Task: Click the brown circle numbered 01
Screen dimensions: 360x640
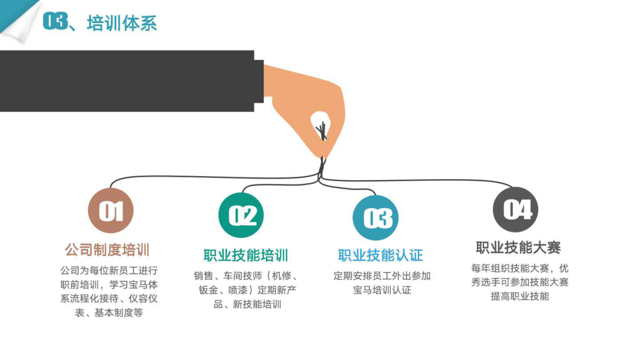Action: [110, 211]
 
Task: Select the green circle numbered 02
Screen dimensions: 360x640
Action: [241, 215]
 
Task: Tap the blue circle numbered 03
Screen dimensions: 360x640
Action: [376, 218]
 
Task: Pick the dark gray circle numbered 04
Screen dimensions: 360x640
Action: [515, 210]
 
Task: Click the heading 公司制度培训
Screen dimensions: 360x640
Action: [107, 250]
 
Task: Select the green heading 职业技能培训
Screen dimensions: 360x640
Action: [246, 255]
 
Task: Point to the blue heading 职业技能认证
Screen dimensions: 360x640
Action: [380, 255]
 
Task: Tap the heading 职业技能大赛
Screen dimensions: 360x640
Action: [518, 247]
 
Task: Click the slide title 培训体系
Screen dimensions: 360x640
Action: [122, 23]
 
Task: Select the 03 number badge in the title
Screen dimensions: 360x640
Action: [55, 21]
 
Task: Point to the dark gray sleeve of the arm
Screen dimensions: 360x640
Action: [127, 81]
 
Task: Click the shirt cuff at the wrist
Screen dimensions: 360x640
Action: [259, 81]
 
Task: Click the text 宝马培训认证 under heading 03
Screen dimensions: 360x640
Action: [382, 290]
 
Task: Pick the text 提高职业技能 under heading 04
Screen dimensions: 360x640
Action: [520, 296]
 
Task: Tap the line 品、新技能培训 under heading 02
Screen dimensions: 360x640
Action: [247, 304]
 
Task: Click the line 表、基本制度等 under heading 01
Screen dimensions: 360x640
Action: [109, 313]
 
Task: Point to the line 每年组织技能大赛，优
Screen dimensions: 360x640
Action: [520, 268]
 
